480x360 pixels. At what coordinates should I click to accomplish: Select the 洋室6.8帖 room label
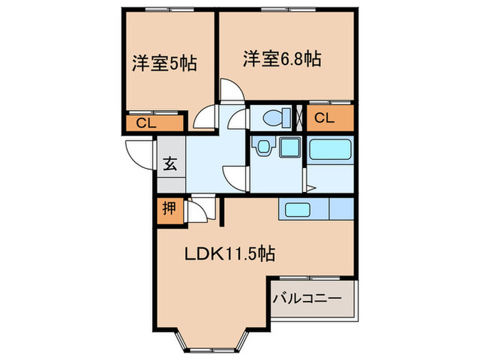281,59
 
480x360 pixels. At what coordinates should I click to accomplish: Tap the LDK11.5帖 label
229,254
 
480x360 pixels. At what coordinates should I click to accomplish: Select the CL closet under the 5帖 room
145,123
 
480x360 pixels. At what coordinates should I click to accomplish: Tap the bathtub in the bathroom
329,150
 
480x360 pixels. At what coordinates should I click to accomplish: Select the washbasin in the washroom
263,146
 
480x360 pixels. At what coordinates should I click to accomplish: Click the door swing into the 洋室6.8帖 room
229,92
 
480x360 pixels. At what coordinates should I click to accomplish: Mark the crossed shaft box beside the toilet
300,117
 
